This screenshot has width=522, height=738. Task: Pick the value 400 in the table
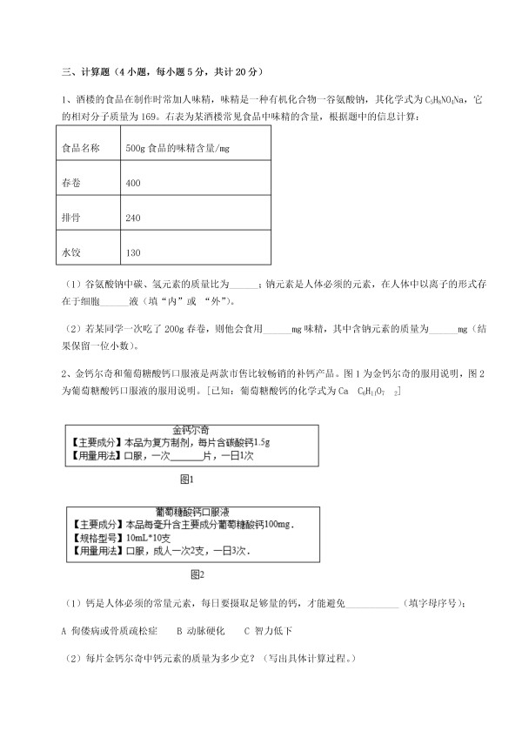point(133,184)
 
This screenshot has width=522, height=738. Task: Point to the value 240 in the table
point(133,218)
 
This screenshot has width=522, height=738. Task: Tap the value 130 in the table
point(133,252)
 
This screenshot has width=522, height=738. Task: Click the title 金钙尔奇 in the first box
point(191,430)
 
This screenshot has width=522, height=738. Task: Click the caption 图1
point(185,479)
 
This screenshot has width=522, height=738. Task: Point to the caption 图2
point(197,574)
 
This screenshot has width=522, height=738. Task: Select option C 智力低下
point(268,630)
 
